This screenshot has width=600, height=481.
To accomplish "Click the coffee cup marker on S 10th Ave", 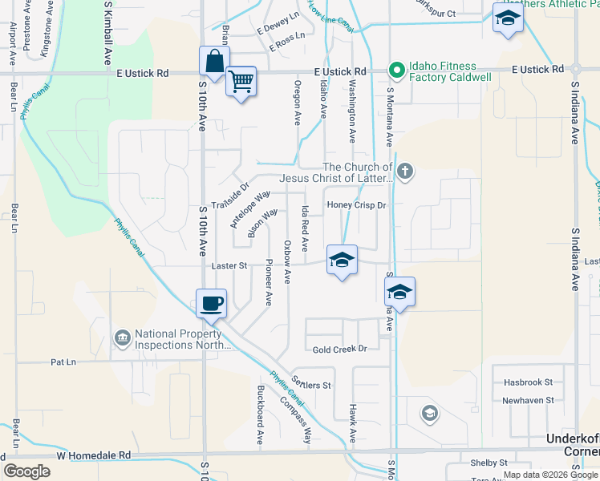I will tap(212, 304).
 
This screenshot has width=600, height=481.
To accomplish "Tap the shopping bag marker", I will tap(215, 61).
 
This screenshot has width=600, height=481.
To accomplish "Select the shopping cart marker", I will tap(241, 81).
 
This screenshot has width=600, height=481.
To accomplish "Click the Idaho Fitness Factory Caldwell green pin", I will tap(395, 71).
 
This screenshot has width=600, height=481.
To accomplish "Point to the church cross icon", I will tap(406, 171).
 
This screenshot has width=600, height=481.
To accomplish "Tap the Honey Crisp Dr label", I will tap(356, 205).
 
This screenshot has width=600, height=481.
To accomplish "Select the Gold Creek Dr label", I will tap(339, 349).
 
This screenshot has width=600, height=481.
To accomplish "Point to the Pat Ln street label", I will tap(63, 362).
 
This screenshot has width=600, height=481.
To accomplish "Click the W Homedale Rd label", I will tap(93, 455).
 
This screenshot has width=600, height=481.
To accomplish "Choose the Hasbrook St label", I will tap(528, 382).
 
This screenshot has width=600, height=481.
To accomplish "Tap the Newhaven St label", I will tap(528, 400).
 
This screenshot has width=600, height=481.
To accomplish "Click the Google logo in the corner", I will tap(26, 471).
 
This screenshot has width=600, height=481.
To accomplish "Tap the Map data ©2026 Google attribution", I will tap(550, 475).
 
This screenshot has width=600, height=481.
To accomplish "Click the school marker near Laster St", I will tap(342, 260).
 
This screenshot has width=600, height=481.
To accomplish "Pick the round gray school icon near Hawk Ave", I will tap(430, 413).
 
